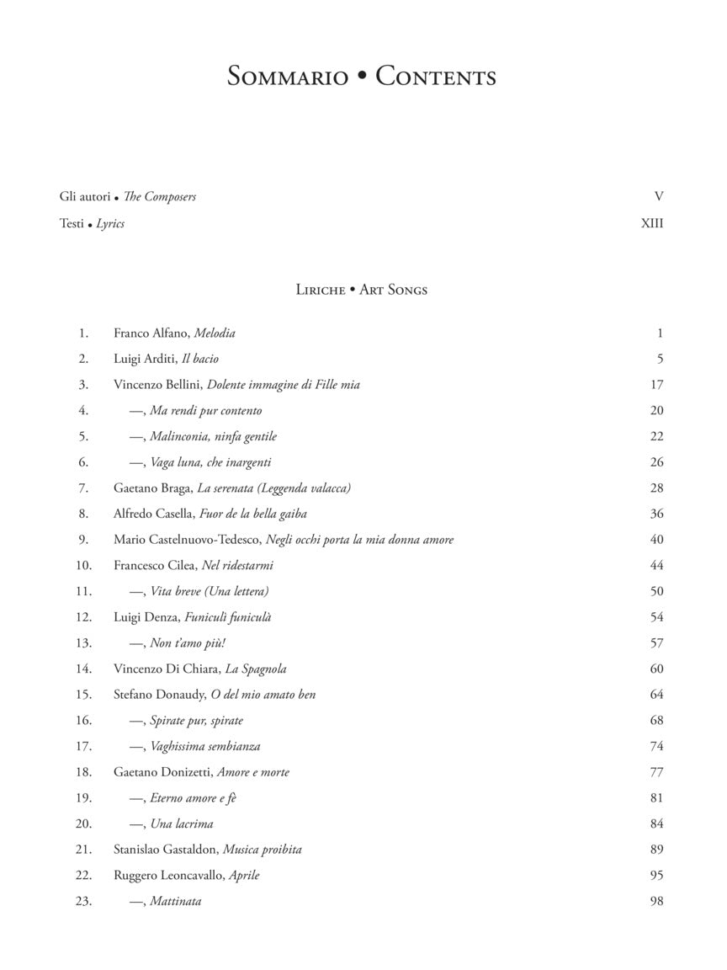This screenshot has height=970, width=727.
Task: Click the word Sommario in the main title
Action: (x=287, y=77)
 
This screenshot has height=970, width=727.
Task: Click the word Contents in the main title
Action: (x=436, y=77)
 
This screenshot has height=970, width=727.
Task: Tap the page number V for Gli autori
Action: (x=659, y=197)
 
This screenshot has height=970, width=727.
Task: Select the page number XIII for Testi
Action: (x=652, y=224)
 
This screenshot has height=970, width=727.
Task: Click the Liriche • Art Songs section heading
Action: (x=362, y=290)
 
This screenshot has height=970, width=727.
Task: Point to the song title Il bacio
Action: (x=200, y=360)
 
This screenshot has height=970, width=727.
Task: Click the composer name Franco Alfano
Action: (x=151, y=333)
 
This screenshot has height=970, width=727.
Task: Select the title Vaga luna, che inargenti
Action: (x=210, y=462)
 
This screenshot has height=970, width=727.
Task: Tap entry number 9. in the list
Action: (x=83, y=540)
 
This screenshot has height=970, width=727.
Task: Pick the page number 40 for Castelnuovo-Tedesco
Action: (x=656, y=540)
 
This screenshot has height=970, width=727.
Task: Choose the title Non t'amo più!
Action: (x=176, y=643)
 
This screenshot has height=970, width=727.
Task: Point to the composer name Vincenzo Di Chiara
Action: (x=166, y=669)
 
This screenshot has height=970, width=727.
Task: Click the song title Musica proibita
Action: (x=262, y=850)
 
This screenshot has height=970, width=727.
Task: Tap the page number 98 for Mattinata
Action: (x=656, y=902)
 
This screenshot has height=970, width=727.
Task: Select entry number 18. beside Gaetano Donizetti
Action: (x=83, y=772)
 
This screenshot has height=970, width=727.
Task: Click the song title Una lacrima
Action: (x=182, y=824)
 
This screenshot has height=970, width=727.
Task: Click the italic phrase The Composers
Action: (x=160, y=197)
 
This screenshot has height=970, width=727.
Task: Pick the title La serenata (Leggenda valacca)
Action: (x=273, y=488)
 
